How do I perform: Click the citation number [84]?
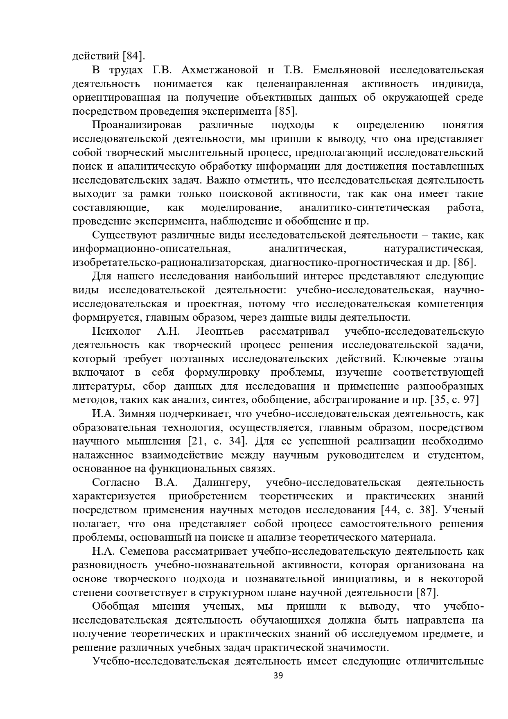point(133,56)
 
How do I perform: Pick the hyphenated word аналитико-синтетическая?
point(364,208)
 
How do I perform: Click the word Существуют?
point(123,235)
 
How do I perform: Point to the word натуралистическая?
point(433,249)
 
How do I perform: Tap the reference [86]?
point(465,263)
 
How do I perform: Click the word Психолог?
point(117,331)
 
